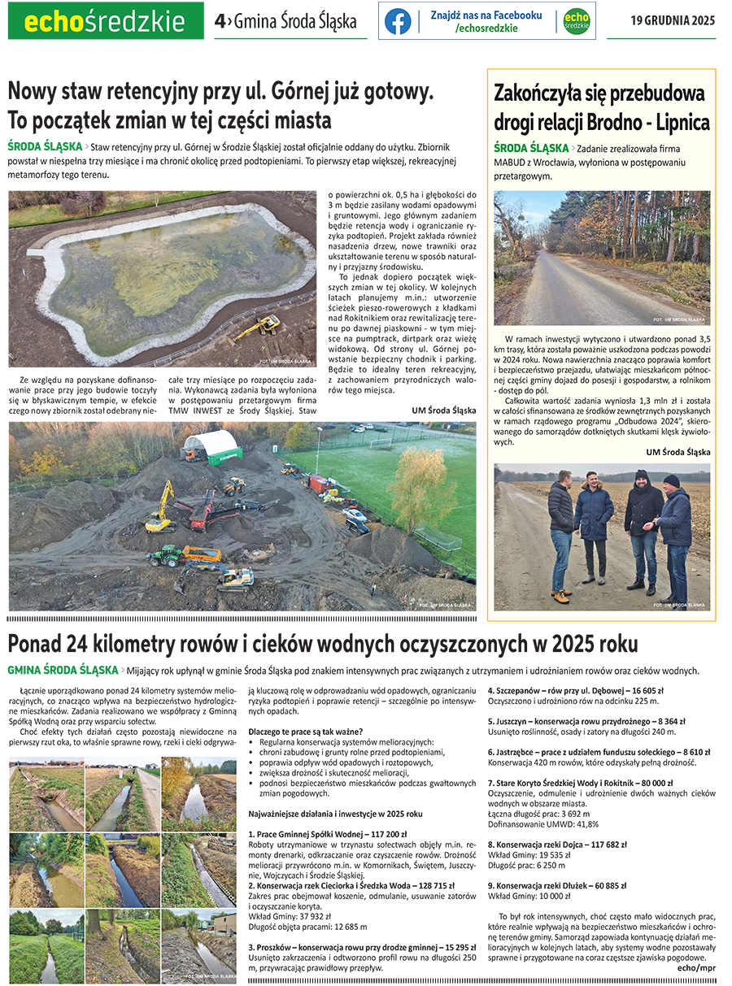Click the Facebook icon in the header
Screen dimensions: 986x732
click(x=398, y=21)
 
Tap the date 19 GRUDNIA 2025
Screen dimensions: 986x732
click(x=673, y=21)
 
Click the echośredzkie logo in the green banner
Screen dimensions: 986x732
click(x=105, y=21)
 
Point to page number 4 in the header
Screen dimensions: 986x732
click(x=219, y=22)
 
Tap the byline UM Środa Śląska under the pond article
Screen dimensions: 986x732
click(x=443, y=410)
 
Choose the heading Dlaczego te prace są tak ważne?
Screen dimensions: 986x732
click(x=305, y=731)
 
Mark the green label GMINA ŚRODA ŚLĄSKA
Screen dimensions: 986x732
click(x=63, y=671)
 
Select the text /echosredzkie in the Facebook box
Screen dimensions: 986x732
click(x=486, y=28)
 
